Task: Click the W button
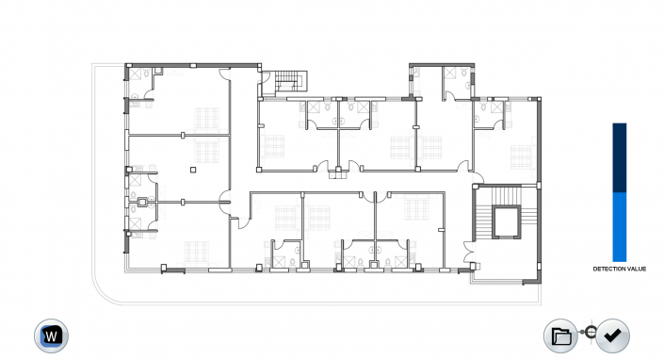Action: tap(51, 335)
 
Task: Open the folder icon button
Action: tap(561, 335)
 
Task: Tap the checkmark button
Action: tap(612, 335)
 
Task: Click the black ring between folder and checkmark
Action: tap(591, 332)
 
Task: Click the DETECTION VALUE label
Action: tap(620, 269)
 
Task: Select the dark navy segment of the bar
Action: tap(620, 158)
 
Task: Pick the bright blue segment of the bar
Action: tap(620, 227)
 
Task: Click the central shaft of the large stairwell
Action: tap(507, 221)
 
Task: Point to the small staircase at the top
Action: tap(290, 81)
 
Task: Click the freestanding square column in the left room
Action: tap(193, 170)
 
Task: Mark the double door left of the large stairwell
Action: tap(469, 252)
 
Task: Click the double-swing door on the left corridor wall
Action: tap(225, 201)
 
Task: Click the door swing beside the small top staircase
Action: tap(266, 77)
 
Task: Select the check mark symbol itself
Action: tap(613, 335)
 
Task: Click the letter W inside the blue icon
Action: tap(51, 336)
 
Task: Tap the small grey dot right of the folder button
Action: tap(582, 332)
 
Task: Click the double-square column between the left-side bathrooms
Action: tap(142, 202)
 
